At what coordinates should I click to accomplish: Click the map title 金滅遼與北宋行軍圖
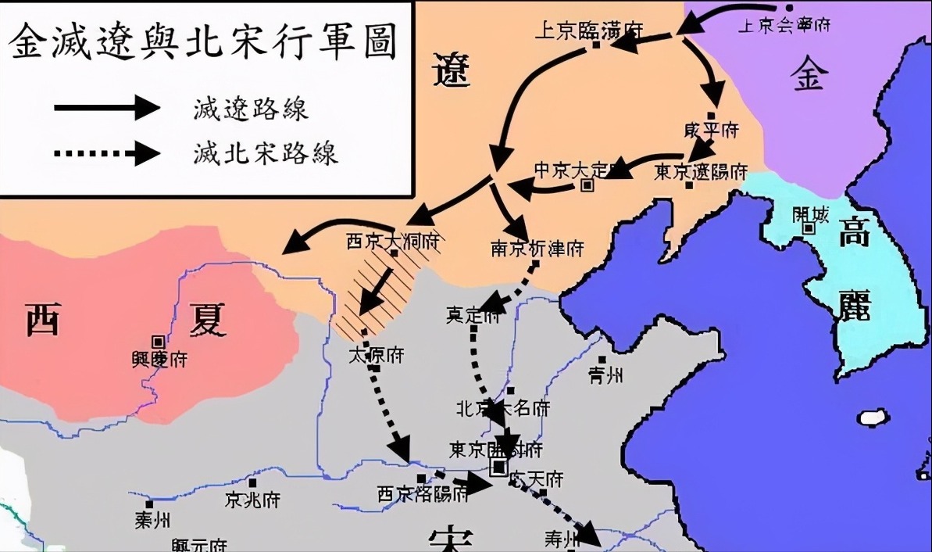tap(202, 44)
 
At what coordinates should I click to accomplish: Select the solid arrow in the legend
tap(106, 106)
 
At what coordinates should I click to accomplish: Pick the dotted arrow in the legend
tap(106, 152)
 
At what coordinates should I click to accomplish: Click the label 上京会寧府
tap(784, 26)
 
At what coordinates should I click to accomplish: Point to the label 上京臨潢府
tap(588, 30)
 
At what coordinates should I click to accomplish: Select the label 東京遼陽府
tap(701, 171)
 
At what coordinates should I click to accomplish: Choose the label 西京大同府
tap(392, 240)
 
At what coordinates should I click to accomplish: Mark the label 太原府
tap(376, 354)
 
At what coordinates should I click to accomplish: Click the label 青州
tap(606, 375)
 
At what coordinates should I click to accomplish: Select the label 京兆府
tap(252, 499)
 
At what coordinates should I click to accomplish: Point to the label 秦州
tap(153, 520)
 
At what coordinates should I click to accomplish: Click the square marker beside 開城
tap(809, 228)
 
